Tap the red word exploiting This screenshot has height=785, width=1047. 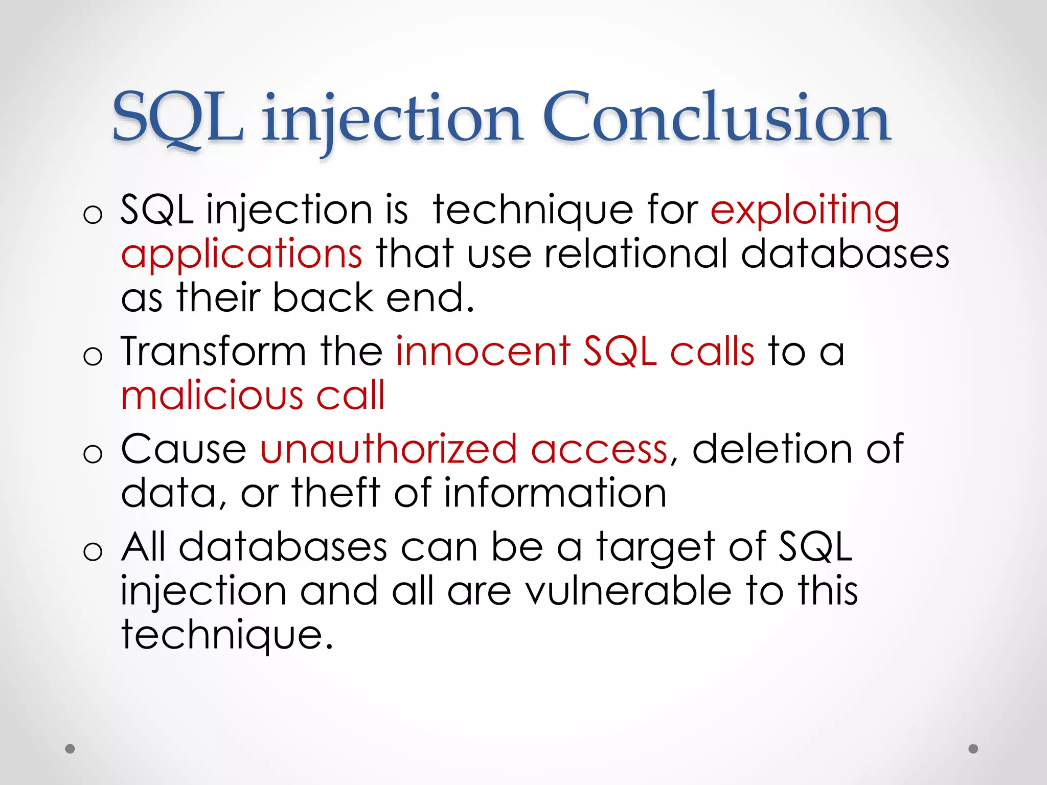coord(805,211)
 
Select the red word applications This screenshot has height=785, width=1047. coord(242,255)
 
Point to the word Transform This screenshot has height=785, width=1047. coord(213,352)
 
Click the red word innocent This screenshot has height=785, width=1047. coord(483,352)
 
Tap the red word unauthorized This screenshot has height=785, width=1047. coord(389,449)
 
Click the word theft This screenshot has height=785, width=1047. coord(336,493)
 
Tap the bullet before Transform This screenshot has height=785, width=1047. coord(93,355)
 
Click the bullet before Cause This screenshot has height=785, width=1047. coord(93,453)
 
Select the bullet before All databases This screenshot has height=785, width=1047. coord(93,551)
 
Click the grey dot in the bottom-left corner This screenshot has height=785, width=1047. coord(70,749)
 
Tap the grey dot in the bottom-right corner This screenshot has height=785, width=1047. coord(973,749)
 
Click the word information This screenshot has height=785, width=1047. coord(555,493)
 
